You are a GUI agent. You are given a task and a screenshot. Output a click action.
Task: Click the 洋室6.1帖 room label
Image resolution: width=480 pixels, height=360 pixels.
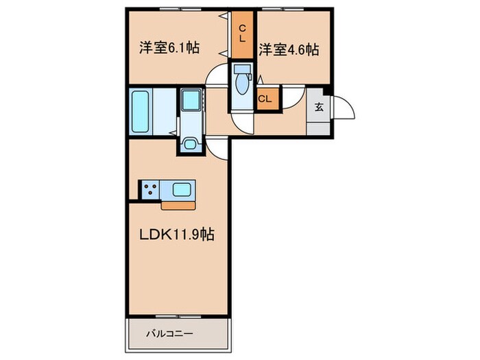[169, 49]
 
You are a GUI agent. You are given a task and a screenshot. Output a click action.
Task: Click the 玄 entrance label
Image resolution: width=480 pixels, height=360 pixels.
[320, 107]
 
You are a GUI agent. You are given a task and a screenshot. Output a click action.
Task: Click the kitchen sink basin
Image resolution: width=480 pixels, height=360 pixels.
[182, 189]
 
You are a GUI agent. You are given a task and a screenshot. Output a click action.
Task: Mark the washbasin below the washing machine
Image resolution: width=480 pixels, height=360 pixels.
[190, 144]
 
